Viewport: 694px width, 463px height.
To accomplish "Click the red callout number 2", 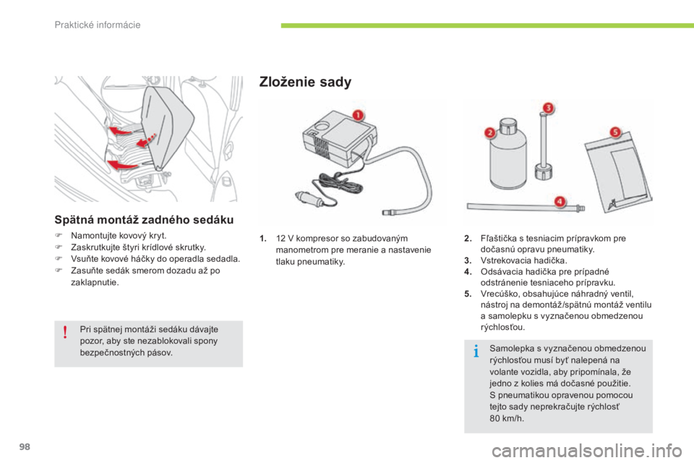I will click(x=489, y=132).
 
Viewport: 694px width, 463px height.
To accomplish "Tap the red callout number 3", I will click(x=549, y=109).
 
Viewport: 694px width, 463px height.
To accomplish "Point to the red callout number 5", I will click(x=615, y=133).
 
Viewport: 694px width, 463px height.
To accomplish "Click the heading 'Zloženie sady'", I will click(x=304, y=82).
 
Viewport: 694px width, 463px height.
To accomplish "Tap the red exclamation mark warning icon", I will click(x=65, y=332).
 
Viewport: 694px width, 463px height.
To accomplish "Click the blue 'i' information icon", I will click(x=476, y=352).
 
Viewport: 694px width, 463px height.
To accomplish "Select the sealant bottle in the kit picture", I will click(x=512, y=157).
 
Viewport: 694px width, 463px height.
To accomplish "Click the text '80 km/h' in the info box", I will click(x=505, y=418).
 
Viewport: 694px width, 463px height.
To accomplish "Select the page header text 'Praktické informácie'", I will click(x=97, y=25).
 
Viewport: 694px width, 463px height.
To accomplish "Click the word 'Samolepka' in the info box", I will click(x=510, y=348).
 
